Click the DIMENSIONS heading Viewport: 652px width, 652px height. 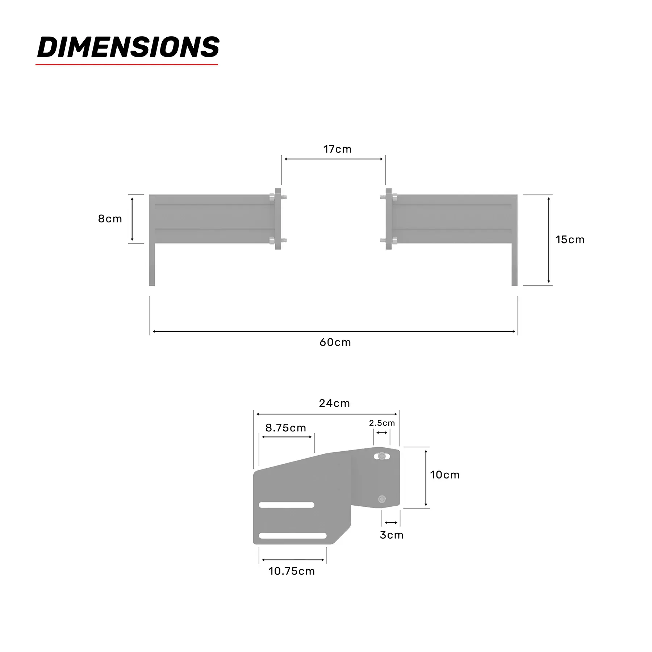pyautogui.click(x=128, y=47)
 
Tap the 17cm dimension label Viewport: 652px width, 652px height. pyautogui.click(x=337, y=149)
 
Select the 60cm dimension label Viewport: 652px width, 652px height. pyautogui.click(x=335, y=342)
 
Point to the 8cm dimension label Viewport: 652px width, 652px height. pyautogui.click(x=110, y=219)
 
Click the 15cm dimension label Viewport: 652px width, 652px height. pyautogui.click(x=570, y=239)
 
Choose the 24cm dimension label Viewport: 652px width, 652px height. pyautogui.click(x=334, y=403)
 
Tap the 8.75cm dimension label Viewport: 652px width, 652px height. pyautogui.click(x=286, y=428)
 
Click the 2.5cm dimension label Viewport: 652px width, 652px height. pyautogui.click(x=382, y=423)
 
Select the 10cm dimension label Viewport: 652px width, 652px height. pyautogui.click(x=445, y=475)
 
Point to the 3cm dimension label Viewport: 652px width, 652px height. pyautogui.click(x=392, y=535)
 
